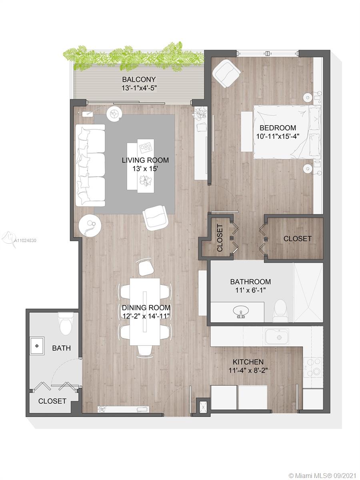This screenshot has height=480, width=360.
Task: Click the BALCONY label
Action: pos(139,79)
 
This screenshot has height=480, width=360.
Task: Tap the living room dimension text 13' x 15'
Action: pos(145,169)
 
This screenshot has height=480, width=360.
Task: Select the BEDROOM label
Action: pos(278,128)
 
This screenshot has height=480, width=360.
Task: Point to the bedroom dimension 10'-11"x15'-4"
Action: pos(278,136)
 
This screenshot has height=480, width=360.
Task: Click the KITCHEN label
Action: pos(248,362)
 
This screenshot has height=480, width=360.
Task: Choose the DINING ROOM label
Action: pos(146,308)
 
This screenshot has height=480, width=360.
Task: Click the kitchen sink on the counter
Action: pos(277,336)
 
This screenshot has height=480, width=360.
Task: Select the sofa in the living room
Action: pos(90,165)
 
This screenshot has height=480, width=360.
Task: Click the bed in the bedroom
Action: pos(287,132)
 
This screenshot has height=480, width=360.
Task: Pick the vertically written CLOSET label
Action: pos(220,238)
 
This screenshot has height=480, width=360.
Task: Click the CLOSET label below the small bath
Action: pos(52,401)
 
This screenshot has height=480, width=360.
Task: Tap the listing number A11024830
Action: pos(25,240)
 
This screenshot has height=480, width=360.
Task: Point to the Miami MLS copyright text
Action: pos(323,474)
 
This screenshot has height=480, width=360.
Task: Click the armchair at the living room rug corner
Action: pos(156,218)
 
